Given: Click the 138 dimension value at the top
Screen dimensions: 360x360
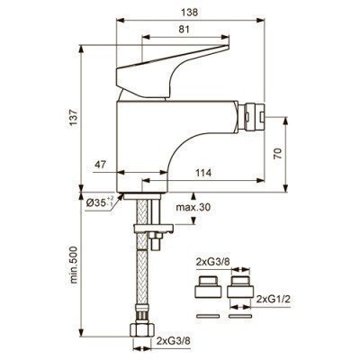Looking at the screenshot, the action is click(190, 13).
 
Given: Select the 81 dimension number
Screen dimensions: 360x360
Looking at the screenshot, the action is click(185, 30).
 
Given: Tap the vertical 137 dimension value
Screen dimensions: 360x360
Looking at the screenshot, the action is click(75, 118).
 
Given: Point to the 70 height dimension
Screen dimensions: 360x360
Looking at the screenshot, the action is click(278, 154).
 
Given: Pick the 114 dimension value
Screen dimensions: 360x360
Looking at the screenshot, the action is click(203, 173).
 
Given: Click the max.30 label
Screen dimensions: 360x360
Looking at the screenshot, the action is click(193, 207).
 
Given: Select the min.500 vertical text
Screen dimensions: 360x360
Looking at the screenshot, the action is click(75, 265).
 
